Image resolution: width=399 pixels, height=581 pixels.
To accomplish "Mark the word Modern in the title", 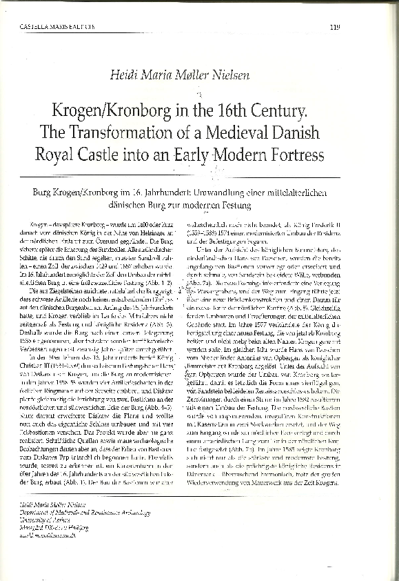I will [x=256, y=155].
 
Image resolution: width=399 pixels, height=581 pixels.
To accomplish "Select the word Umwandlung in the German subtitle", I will [x=222, y=188].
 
